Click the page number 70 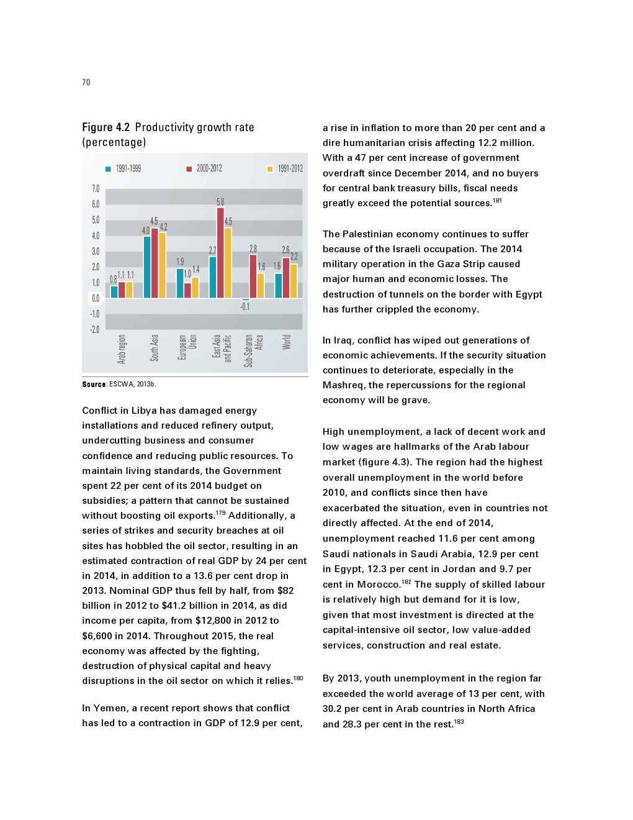86,83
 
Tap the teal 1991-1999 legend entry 123,168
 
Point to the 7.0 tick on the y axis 96,189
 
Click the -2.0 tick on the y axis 94,330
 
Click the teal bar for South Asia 147,267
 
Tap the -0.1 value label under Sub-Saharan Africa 245,307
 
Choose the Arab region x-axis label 122,348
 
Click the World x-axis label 286,342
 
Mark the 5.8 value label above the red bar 220,202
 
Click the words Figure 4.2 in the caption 106,127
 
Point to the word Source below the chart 94,385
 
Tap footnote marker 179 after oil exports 220,513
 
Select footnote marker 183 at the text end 459,722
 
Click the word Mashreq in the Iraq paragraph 344,385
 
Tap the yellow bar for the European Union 195,287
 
